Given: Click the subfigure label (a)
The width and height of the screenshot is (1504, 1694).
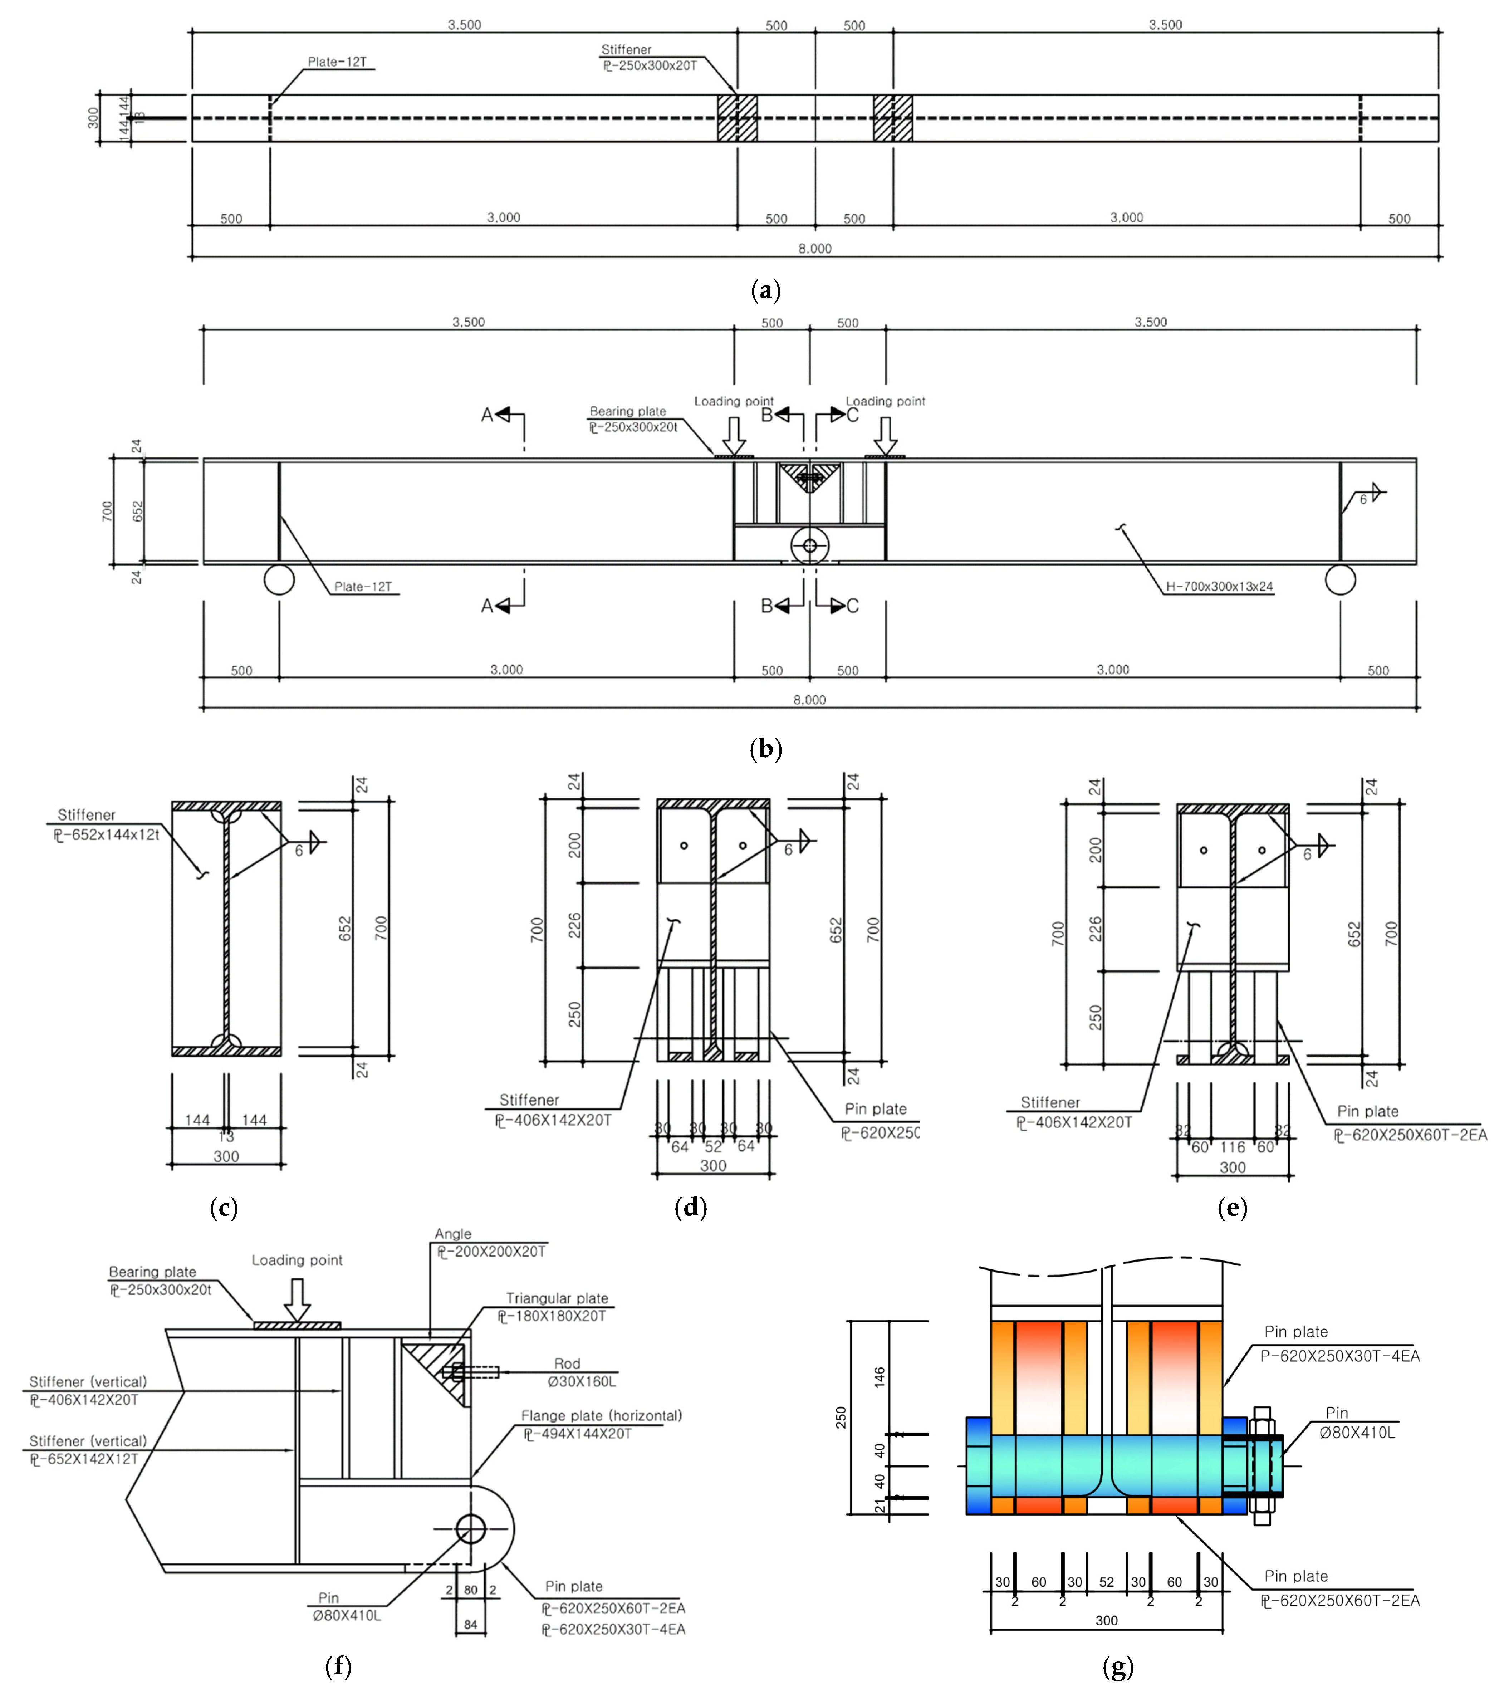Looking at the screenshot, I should pyautogui.click(x=765, y=291).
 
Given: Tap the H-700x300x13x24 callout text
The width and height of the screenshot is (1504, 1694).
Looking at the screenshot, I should pyautogui.click(x=1219, y=587).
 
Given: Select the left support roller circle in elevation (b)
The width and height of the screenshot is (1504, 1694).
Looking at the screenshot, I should pyautogui.click(x=279, y=579).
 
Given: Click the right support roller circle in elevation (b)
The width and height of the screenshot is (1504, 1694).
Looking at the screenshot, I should pyautogui.click(x=1340, y=579).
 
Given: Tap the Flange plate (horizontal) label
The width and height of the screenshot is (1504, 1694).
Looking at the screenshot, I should pyautogui.click(x=601, y=1415).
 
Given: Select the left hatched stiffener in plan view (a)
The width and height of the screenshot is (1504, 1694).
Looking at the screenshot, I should pyautogui.click(x=737, y=118).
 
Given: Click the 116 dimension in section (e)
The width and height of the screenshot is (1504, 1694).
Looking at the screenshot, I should pyautogui.click(x=1232, y=1147).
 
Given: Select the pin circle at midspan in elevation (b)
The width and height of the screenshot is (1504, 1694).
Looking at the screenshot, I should pyautogui.click(x=810, y=545).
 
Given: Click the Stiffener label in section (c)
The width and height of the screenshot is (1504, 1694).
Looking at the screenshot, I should pyautogui.click(x=86, y=815).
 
